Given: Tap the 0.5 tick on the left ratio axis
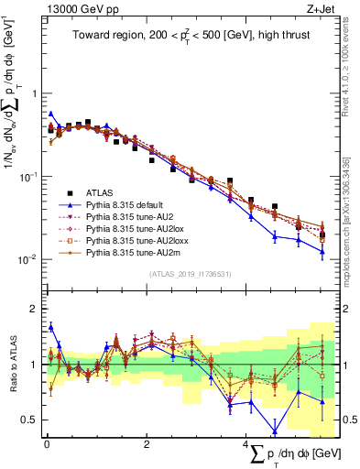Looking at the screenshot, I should tap(29, 420).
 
